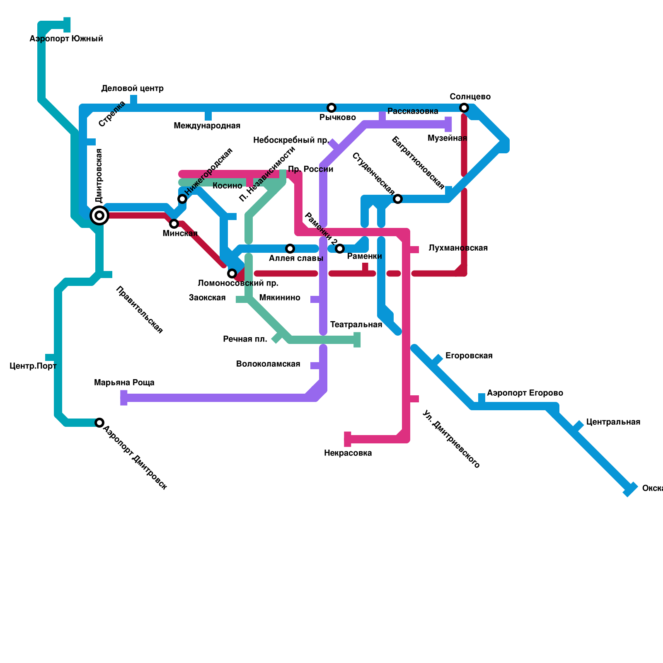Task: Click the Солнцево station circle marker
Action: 464,108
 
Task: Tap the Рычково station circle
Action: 331,108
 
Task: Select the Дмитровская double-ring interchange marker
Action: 99,215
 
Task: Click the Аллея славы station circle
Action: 290,249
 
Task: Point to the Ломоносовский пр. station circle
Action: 232,273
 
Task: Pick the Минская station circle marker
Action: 174,224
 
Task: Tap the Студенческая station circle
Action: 398,199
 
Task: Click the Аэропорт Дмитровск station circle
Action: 99,423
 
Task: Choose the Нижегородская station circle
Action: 182,199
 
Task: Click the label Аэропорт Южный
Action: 66,39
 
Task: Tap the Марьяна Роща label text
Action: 124,382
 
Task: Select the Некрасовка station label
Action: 348,453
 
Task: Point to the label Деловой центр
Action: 133,88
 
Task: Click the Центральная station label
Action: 613,422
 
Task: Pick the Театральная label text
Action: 356,324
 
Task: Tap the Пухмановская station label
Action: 458,248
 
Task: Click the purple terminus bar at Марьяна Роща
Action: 124,398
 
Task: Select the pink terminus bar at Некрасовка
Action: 348,439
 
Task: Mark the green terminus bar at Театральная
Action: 357,340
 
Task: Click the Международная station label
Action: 207,126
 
